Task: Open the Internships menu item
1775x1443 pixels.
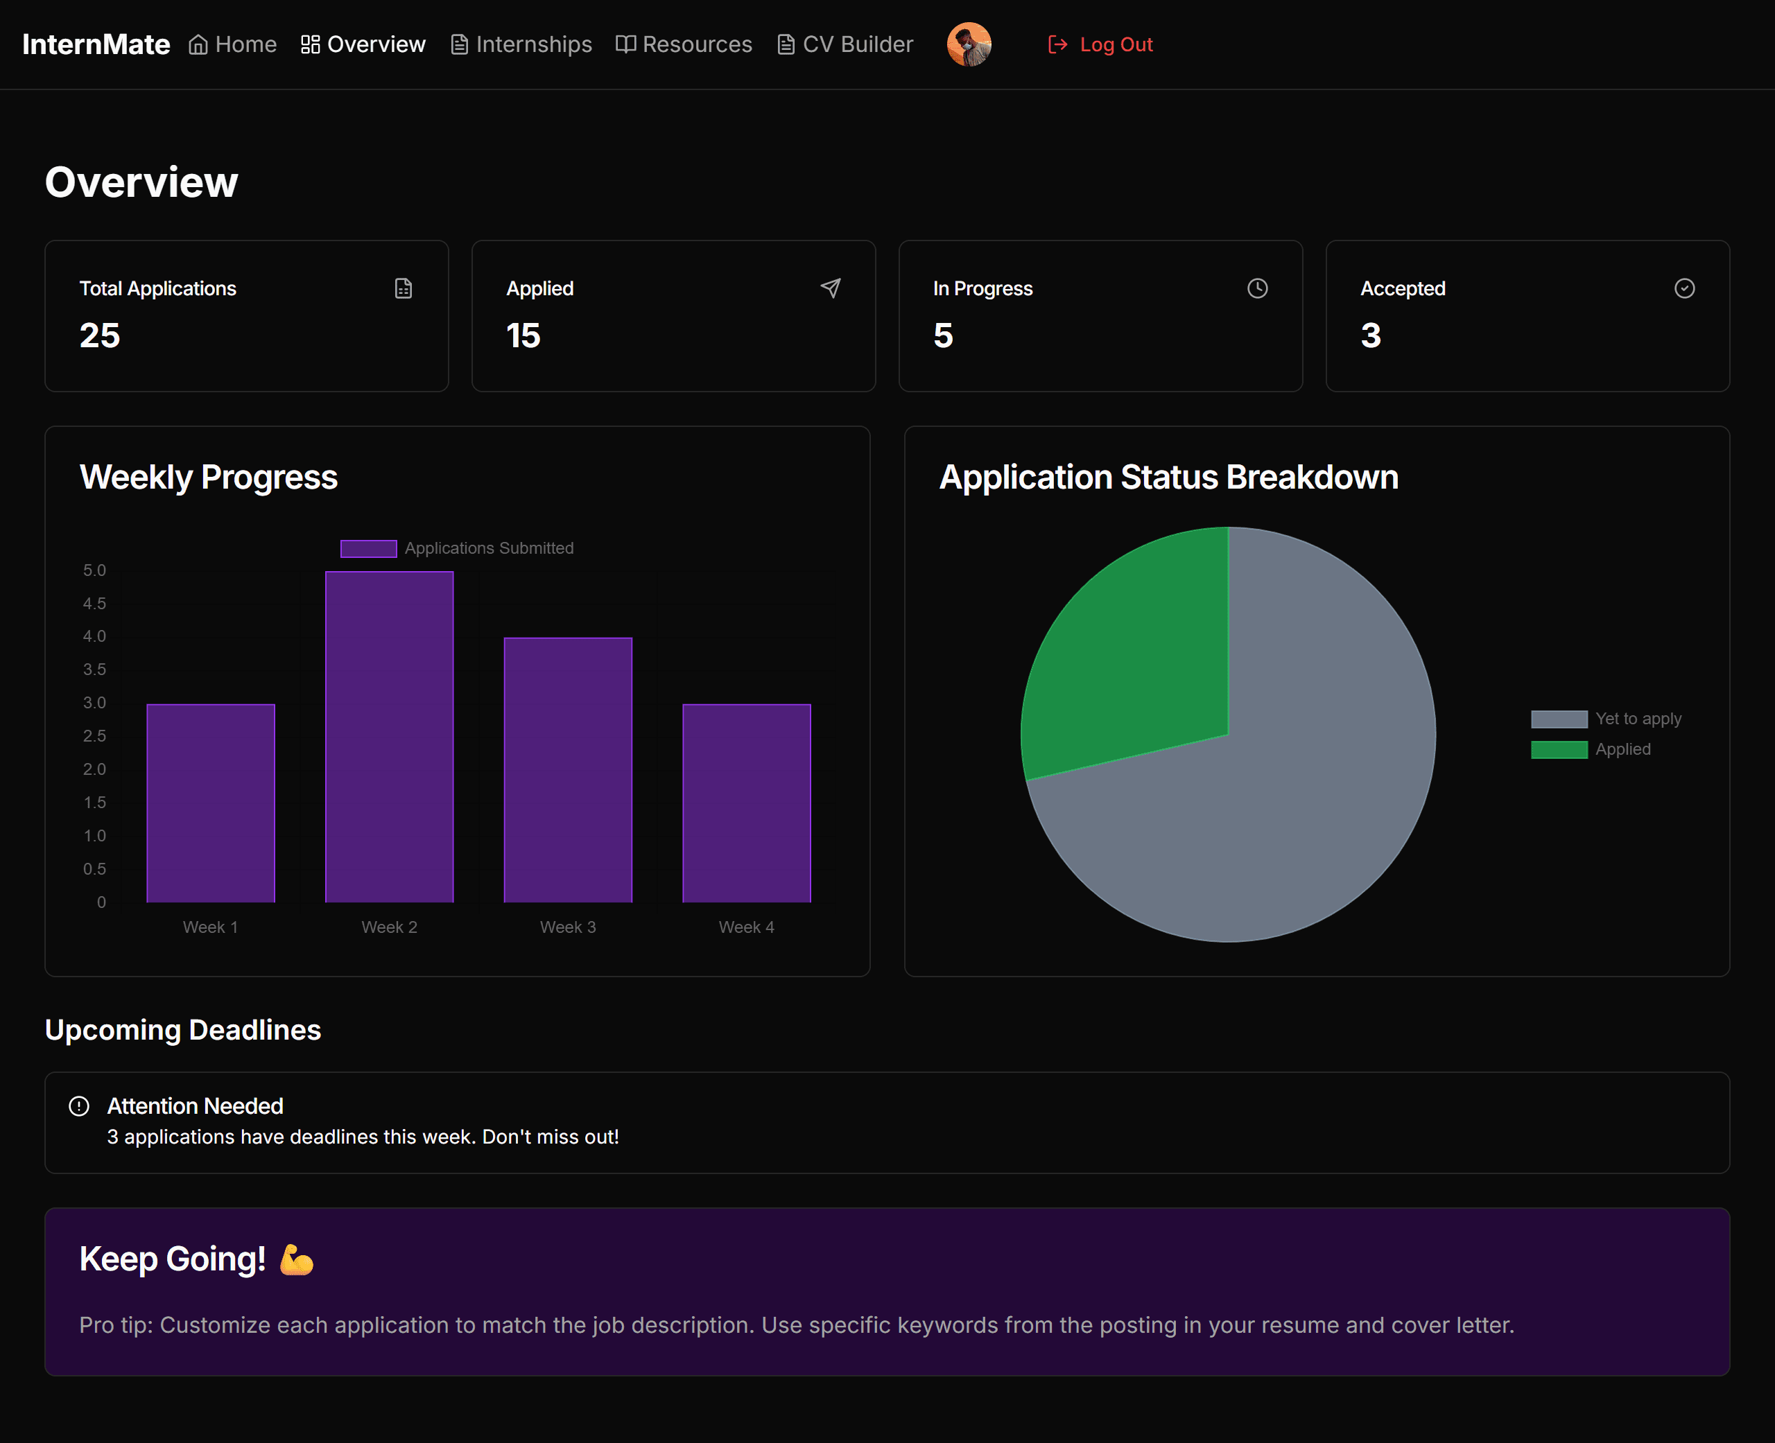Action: click(x=521, y=45)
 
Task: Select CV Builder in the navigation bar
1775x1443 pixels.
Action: click(x=845, y=45)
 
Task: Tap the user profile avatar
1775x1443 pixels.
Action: click(x=969, y=45)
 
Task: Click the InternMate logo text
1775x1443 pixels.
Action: click(x=96, y=45)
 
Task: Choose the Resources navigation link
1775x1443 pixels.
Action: click(x=684, y=45)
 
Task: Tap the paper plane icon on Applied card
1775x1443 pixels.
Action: click(x=831, y=288)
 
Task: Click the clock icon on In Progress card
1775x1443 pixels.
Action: click(x=1257, y=288)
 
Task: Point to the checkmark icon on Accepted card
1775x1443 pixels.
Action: click(x=1684, y=288)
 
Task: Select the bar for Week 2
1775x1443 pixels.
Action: click(x=389, y=737)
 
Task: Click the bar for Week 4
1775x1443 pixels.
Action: click(x=747, y=803)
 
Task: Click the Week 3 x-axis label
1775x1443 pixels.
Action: click(x=568, y=927)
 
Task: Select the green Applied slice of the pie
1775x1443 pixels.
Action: click(x=1139, y=656)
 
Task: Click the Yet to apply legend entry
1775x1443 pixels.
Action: click(x=1607, y=719)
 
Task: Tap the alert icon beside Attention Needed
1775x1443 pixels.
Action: click(x=79, y=1106)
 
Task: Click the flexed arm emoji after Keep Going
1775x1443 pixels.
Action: click(x=297, y=1259)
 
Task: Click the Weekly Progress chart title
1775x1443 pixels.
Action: click(x=208, y=477)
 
